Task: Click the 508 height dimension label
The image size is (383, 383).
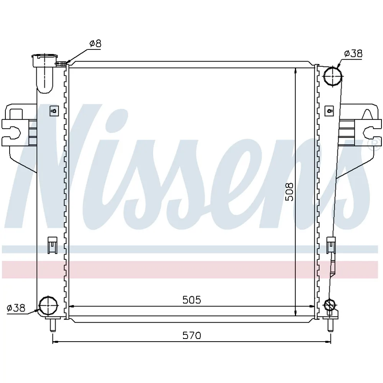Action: point(290,192)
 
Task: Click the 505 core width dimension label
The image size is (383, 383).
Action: point(192,300)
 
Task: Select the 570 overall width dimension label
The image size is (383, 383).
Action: point(192,336)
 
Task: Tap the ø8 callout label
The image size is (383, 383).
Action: point(95,44)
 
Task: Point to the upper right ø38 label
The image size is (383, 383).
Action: point(353,54)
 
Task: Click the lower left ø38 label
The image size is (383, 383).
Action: point(16,308)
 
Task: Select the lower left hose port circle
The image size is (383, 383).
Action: point(49,305)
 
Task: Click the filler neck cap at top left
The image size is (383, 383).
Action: point(45,61)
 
